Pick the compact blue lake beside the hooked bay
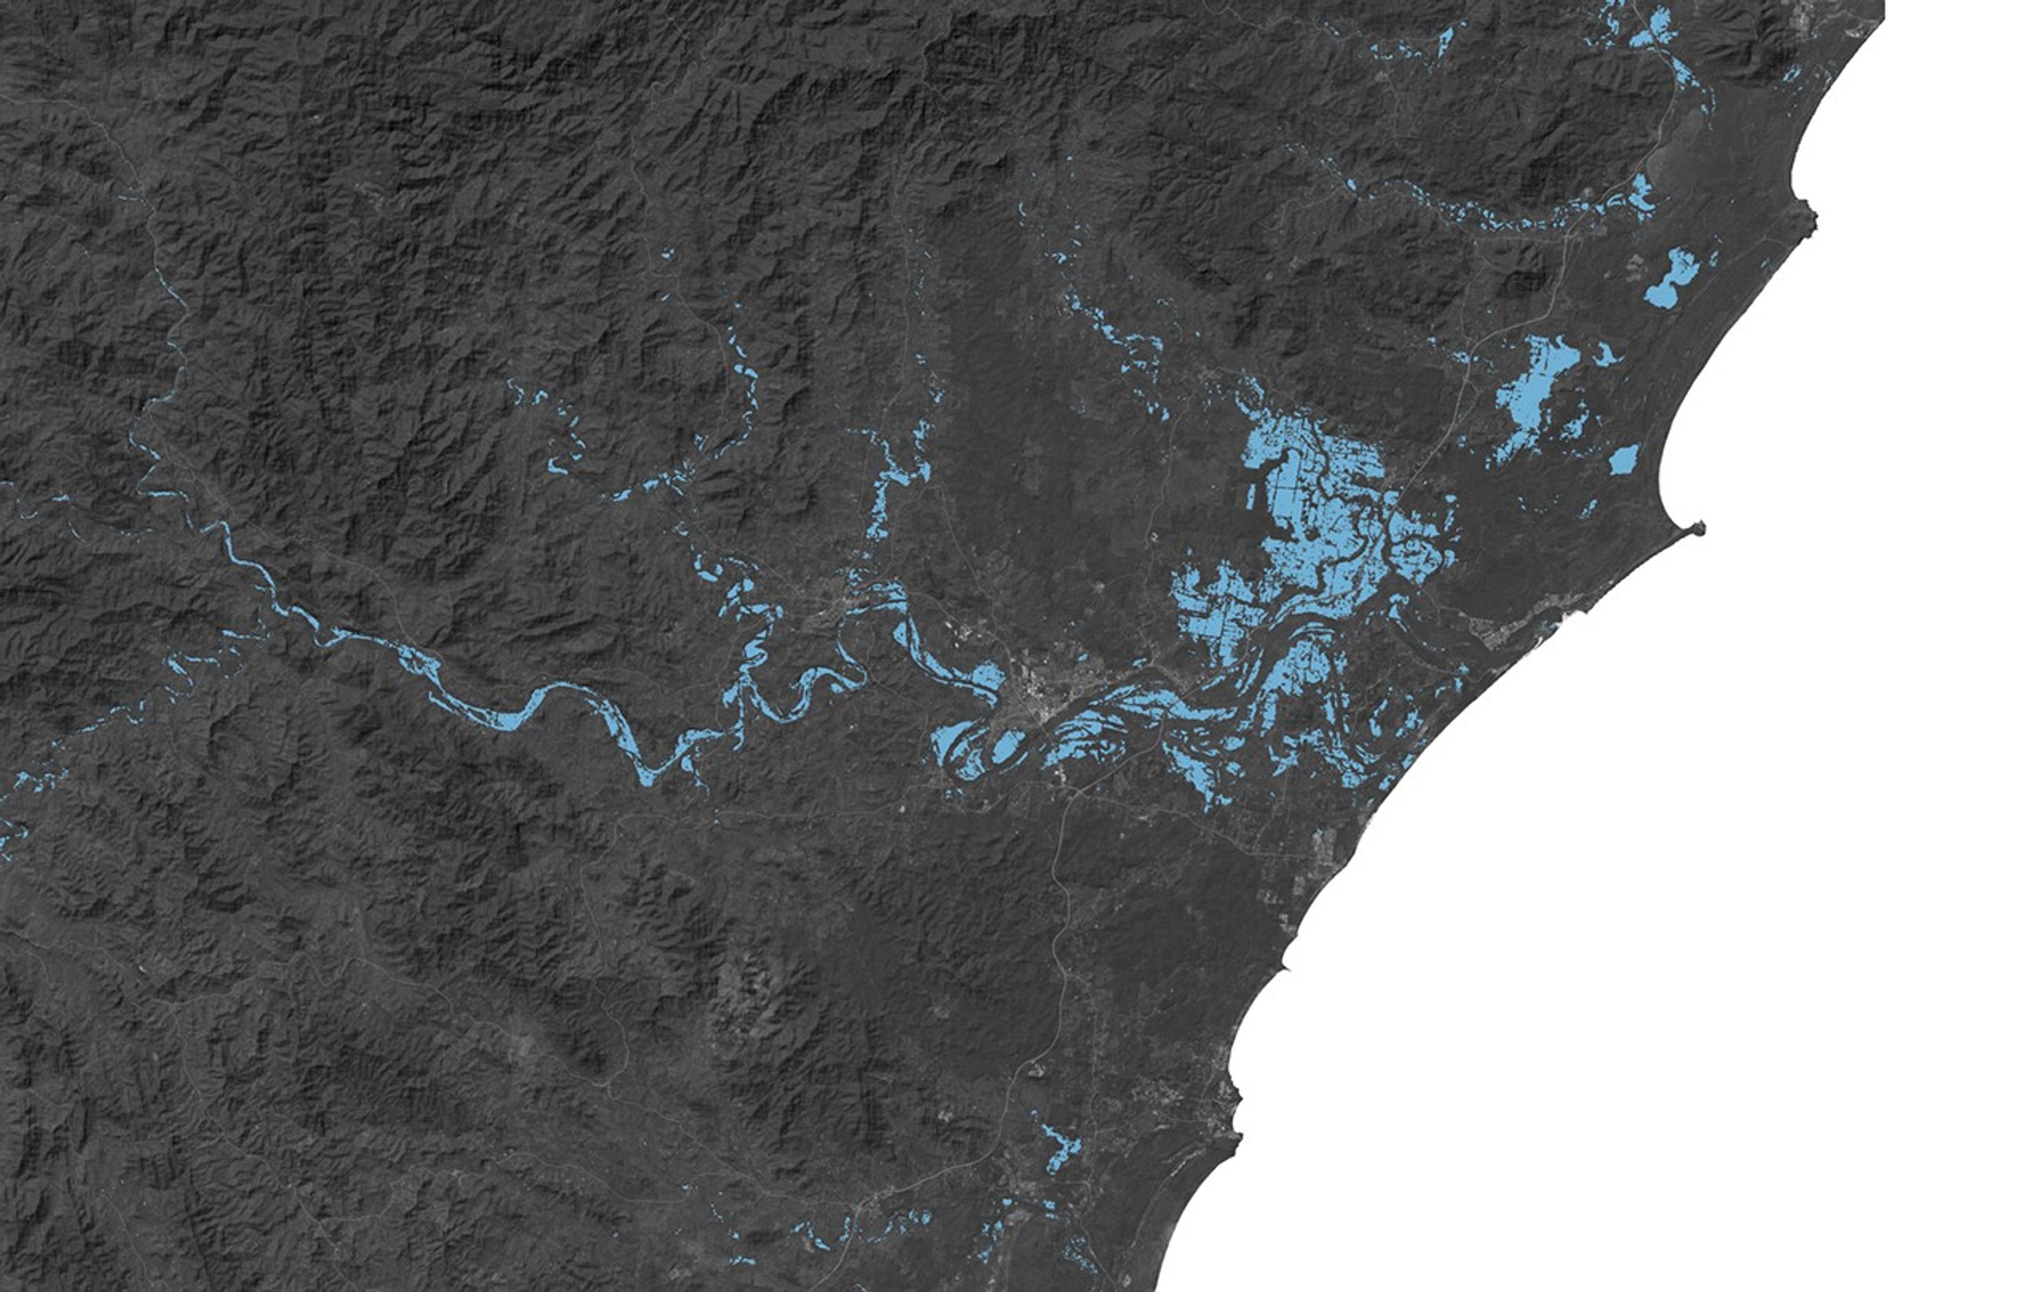[1623, 460]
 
